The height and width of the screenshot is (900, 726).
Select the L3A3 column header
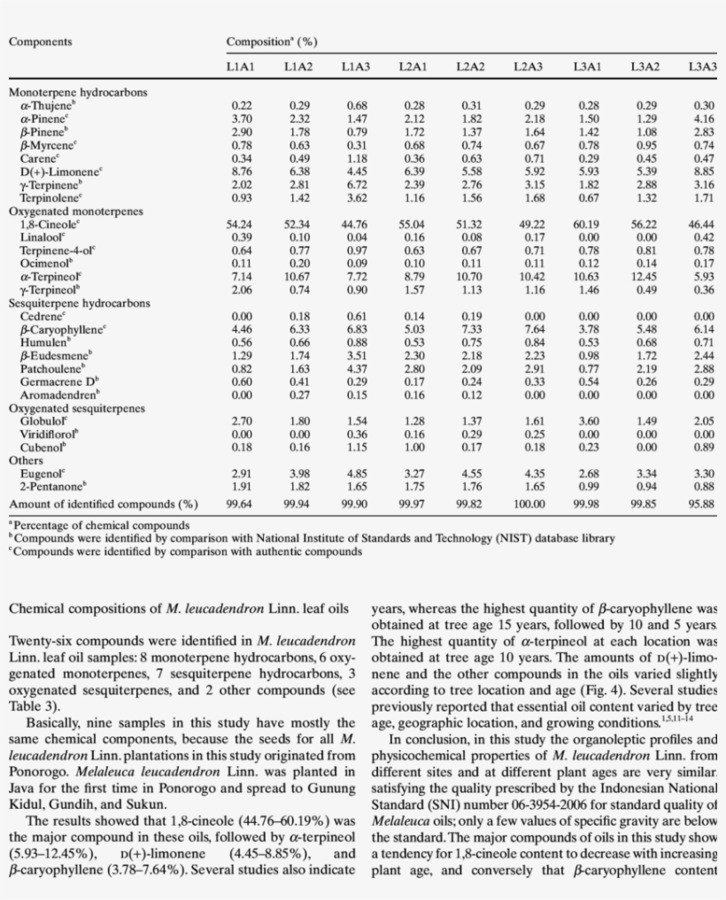click(701, 66)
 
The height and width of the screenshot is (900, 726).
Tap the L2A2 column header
click(470, 66)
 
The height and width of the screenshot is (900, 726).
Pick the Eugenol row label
click(40, 473)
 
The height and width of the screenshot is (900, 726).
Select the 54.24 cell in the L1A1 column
click(241, 225)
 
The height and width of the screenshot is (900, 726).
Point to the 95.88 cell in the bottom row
click(701, 504)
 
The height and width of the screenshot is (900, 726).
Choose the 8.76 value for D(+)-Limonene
click(241, 173)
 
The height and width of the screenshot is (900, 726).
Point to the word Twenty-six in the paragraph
click(35, 639)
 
